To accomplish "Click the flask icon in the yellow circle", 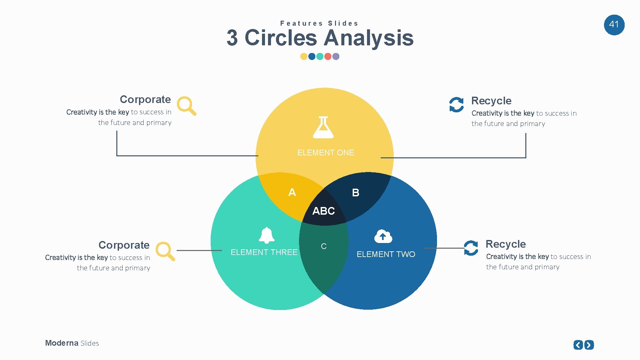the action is [x=323, y=128].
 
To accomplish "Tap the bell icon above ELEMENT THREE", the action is [x=267, y=235].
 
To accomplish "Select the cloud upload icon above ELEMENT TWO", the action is [x=383, y=236].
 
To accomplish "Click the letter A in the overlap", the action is [x=292, y=192].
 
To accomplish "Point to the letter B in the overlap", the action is [x=356, y=193].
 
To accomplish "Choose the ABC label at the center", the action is [x=323, y=211].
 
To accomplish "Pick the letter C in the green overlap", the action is [x=324, y=246].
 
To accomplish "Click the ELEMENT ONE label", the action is [x=325, y=153].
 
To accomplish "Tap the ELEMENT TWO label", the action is [x=386, y=254].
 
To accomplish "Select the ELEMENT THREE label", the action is [x=264, y=252].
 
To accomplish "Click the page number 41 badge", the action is [x=614, y=25].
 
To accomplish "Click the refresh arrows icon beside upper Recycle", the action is [x=456, y=105].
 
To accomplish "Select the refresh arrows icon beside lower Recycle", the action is [x=471, y=248].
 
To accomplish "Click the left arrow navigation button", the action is [x=578, y=345].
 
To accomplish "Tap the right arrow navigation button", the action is [x=589, y=345].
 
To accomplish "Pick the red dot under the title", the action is [x=328, y=56].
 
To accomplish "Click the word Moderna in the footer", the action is [x=62, y=343].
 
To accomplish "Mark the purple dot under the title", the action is [x=336, y=56].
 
